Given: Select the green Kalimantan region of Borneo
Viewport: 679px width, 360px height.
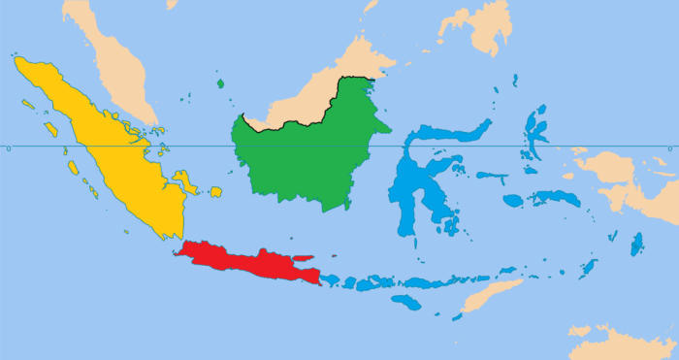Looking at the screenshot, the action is (x=301, y=155).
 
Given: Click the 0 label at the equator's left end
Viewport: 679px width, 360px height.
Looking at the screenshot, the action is (x=8, y=147).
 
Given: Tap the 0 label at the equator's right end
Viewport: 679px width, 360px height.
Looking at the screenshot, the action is (x=670, y=147).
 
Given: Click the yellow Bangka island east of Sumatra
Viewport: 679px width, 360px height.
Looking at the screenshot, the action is (x=184, y=180).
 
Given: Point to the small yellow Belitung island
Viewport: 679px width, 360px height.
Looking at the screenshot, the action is (x=215, y=191).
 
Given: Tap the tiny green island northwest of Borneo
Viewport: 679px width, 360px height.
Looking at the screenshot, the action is (x=220, y=83).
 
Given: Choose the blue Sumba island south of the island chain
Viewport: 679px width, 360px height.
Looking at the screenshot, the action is (x=406, y=302).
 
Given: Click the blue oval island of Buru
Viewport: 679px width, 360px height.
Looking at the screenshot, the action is (x=512, y=201).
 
